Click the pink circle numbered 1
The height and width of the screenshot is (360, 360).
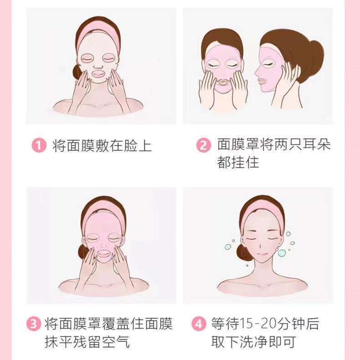(39, 146)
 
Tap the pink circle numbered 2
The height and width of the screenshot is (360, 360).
(203, 146)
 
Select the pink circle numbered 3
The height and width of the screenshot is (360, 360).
(33, 324)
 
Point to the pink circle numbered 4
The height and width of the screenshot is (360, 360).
(198, 324)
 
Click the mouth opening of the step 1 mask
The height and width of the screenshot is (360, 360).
(98, 72)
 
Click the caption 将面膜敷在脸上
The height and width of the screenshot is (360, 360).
(102, 146)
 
